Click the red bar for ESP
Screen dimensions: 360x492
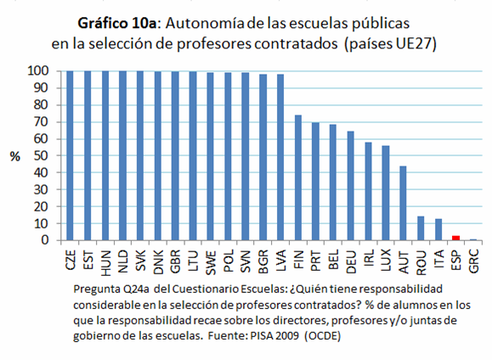[455, 239]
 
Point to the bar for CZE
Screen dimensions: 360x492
[69, 155]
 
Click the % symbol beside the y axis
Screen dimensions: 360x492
[14, 157]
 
